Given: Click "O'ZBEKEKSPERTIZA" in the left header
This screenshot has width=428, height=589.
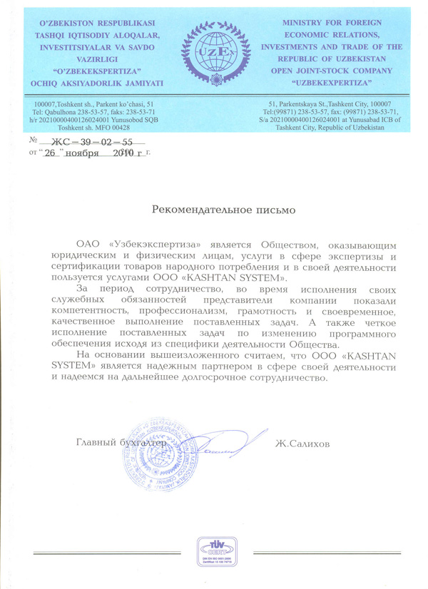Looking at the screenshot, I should point(99,71).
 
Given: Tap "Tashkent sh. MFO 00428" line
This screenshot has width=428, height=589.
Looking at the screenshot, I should point(99,129).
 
